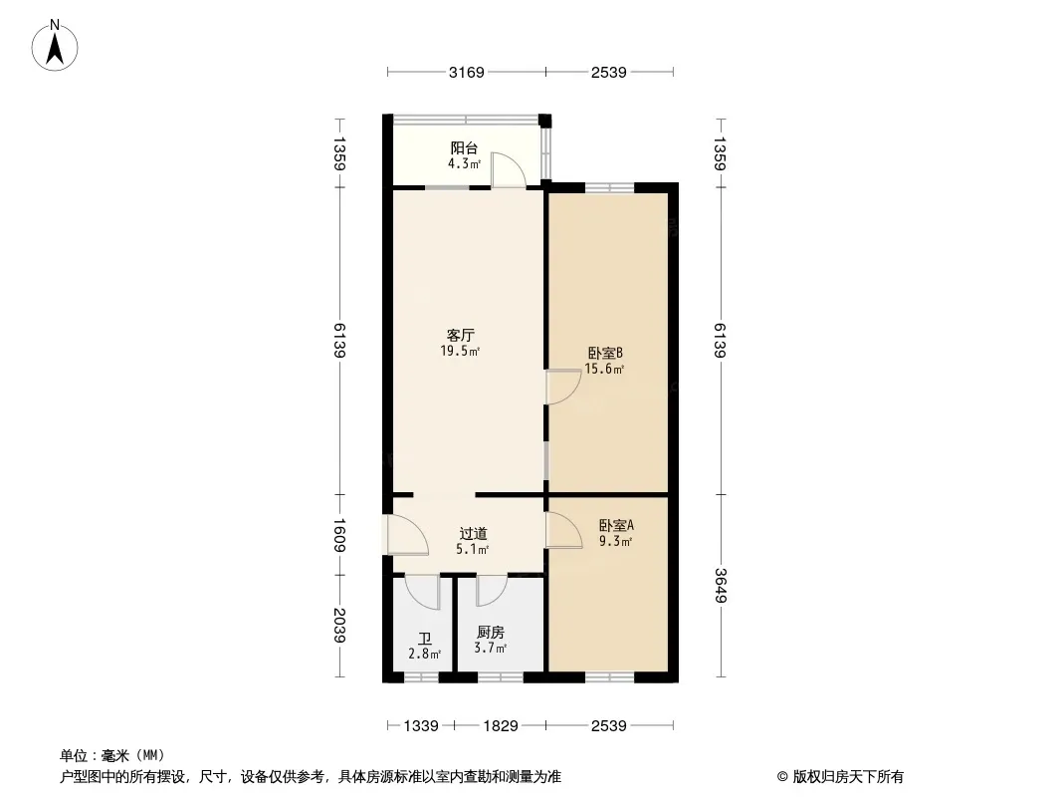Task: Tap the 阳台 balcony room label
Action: (x=464, y=147)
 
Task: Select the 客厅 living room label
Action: (x=460, y=335)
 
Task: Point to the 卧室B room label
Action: (x=605, y=353)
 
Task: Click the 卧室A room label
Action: (x=616, y=525)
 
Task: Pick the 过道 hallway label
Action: (x=473, y=534)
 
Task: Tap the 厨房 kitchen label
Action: (x=491, y=632)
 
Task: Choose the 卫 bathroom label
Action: (x=425, y=639)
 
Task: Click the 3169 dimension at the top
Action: (x=466, y=72)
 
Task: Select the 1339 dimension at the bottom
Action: (x=421, y=726)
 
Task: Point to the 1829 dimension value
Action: (x=500, y=726)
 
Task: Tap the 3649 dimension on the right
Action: (x=720, y=586)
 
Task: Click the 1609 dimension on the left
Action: (x=339, y=535)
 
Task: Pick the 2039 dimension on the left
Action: (x=339, y=626)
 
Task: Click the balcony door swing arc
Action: (x=509, y=170)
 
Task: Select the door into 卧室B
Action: (x=563, y=388)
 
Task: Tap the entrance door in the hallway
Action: (x=408, y=535)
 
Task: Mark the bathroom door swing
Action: (x=423, y=592)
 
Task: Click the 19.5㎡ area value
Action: (x=460, y=351)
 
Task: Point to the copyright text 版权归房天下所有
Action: (x=848, y=777)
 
